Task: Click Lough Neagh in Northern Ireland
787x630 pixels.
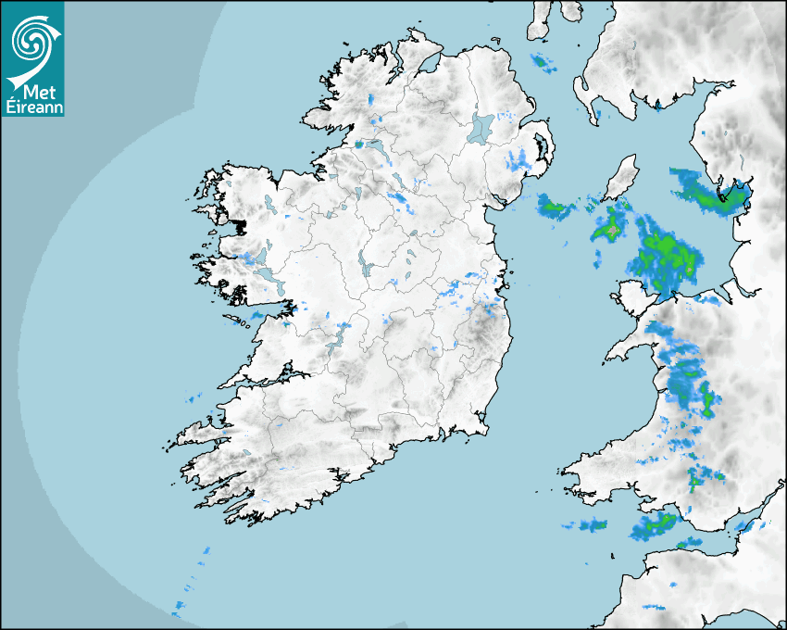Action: click(x=481, y=127)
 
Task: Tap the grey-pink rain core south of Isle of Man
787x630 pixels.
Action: click(x=611, y=227)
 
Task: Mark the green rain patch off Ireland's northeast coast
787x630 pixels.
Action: click(x=556, y=208)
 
